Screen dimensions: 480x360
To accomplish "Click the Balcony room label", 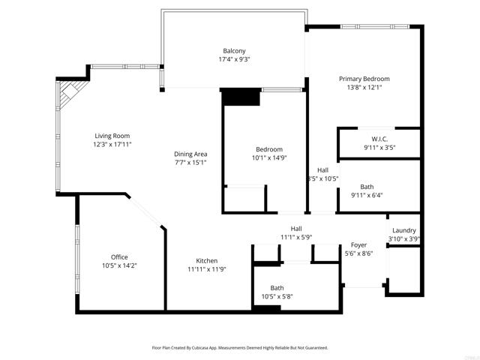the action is pos(234,51).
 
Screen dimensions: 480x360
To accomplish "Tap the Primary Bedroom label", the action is pos(364,79).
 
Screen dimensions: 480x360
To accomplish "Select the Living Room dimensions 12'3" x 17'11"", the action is pos(112,144).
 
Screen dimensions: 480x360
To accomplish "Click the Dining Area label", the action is pos(190,154).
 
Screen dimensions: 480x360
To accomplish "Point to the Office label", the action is pos(119,257).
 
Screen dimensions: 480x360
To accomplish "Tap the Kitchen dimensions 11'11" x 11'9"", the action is pos(207,269).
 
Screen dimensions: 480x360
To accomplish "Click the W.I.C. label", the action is pos(379,139).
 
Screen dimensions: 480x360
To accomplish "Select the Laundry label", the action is pos(404,230).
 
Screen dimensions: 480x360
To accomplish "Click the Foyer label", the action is pos(358,245).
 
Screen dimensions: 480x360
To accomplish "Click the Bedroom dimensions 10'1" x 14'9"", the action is pos(269,158).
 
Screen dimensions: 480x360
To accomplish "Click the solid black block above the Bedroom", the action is pos(241,97).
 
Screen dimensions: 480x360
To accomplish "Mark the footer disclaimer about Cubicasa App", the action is pos(240,348).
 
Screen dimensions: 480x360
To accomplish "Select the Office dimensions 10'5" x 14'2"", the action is pos(119,265).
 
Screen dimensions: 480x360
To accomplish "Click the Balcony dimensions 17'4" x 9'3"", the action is pos(234,59).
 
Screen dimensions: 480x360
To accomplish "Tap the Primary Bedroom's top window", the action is pos(375,27).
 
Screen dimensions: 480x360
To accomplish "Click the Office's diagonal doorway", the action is pos(145,211).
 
